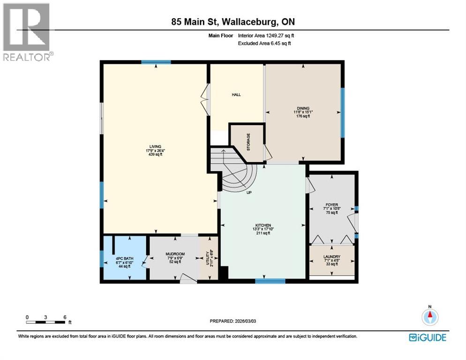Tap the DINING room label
click(x=303, y=108)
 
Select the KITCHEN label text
click(x=263, y=225)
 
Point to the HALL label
click(x=236, y=95)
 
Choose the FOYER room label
click(x=332, y=205)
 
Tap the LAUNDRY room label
click(x=331, y=257)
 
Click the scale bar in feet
click(x=46, y=322)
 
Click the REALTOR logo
click(x=27, y=31)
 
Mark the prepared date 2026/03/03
click(x=233, y=321)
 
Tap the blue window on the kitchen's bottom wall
click(x=270, y=281)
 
